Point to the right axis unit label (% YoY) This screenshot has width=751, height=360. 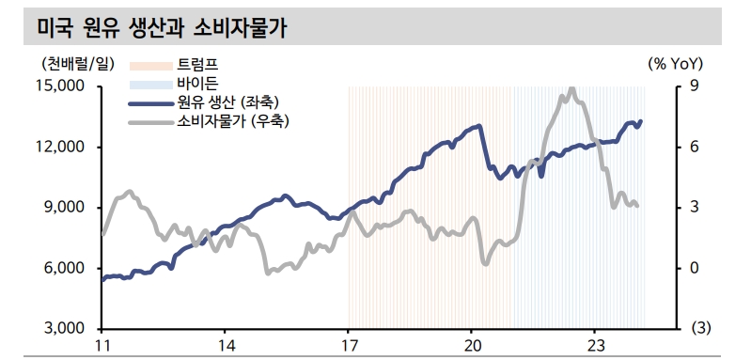675,65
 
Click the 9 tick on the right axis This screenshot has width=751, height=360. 694,86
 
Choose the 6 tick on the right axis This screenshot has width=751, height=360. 694,147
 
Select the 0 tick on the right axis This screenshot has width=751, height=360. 694,268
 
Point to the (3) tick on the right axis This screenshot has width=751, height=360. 699,328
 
